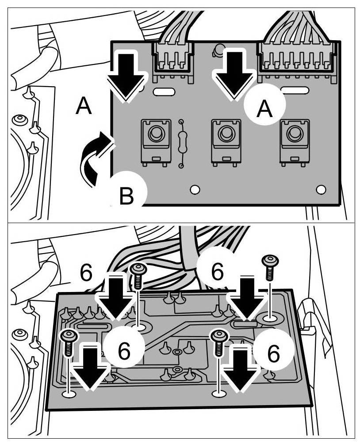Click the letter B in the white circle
click(127, 196)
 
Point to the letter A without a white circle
click(84, 106)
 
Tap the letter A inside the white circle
click(264, 108)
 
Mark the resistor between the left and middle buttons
click(180, 143)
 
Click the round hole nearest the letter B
click(194, 190)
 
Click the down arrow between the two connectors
click(233, 73)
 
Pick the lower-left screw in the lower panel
click(69, 343)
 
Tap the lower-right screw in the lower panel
click(218, 342)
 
